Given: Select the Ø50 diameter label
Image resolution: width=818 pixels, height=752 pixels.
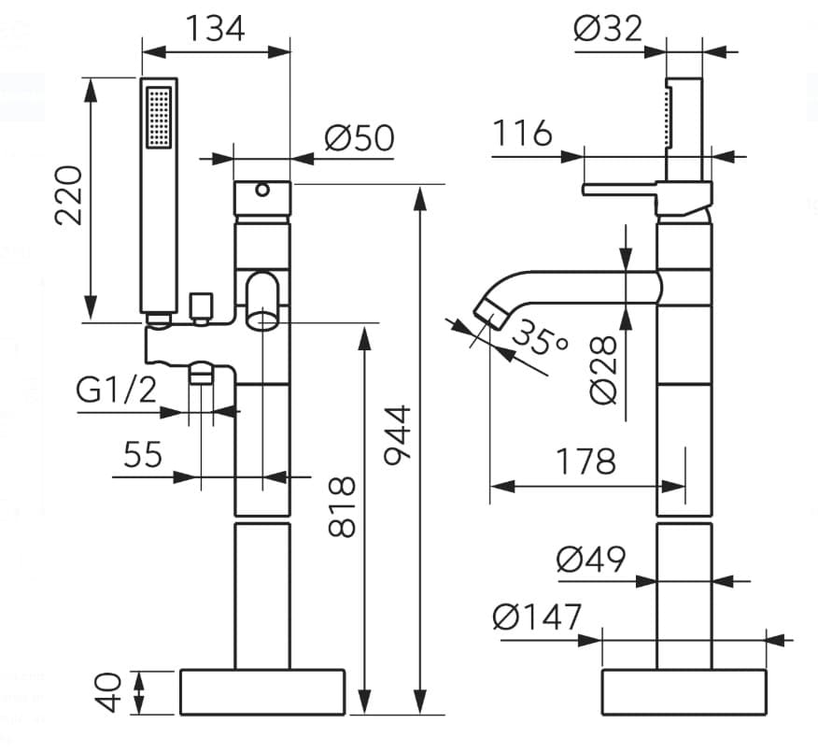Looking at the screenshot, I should [360, 139].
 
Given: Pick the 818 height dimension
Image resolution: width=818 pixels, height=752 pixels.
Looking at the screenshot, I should [343, 506].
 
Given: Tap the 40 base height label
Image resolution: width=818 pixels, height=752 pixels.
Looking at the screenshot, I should [109, 691].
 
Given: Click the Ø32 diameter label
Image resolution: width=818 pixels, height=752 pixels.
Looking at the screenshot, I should [609, 29].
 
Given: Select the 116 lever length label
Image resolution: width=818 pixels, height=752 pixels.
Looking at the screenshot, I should [523, 134].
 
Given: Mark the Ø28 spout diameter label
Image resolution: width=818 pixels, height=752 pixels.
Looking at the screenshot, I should [604, 369].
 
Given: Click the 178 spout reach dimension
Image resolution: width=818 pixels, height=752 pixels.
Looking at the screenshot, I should [586, 461].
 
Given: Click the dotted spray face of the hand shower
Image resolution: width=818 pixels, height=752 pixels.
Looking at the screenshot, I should [159, 117].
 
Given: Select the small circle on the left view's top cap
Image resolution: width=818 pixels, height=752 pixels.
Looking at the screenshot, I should [262, 191].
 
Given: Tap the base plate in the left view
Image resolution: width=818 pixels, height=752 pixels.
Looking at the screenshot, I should [261, 692].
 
